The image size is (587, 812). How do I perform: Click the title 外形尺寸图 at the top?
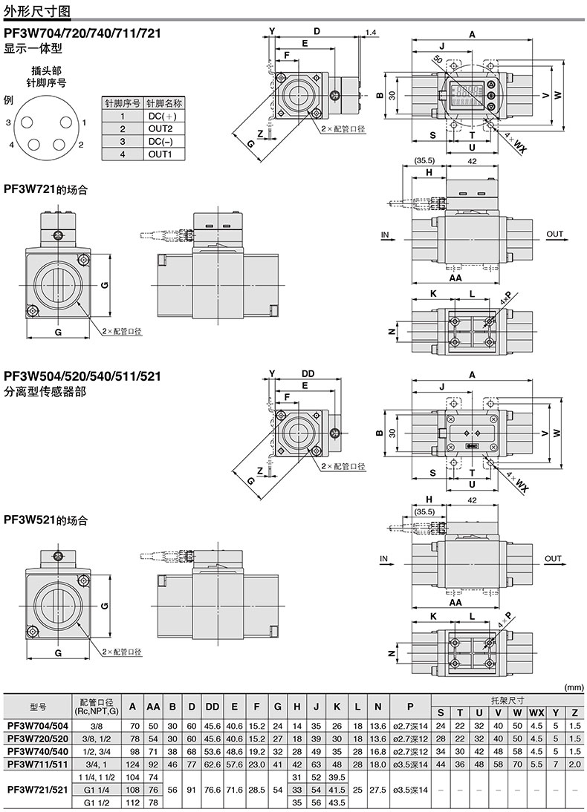37,10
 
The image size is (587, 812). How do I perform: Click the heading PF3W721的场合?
45,190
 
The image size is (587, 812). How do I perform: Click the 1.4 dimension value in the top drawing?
372,33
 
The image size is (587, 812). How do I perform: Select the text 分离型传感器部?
45,391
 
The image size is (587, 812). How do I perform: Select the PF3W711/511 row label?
38,763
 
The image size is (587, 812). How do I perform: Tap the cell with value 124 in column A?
133,763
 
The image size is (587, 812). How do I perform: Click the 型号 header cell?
38,706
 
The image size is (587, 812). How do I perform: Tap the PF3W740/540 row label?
38,750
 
